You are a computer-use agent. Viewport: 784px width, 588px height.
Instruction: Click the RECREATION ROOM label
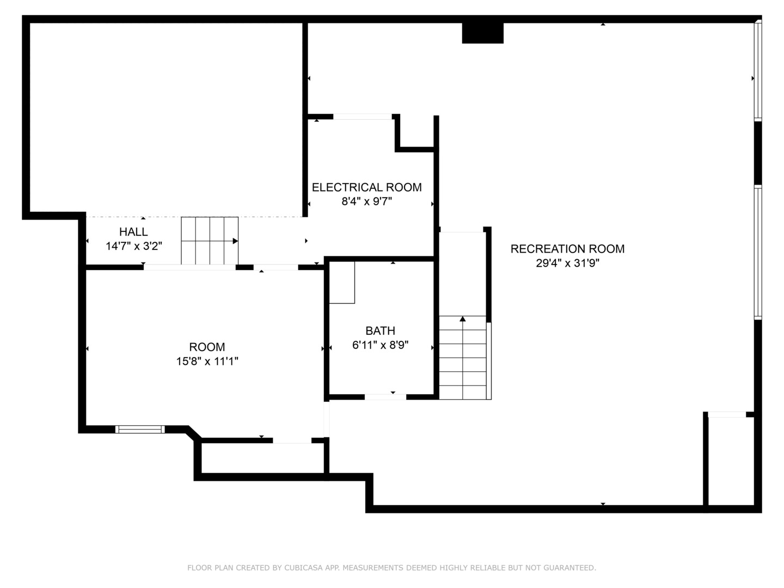point(567,249)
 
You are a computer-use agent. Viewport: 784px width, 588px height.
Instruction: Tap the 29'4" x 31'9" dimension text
point(567,264)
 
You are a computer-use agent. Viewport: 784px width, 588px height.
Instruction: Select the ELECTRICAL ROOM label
point(366,187)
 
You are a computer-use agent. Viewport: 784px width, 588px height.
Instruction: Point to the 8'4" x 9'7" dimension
point(366,201)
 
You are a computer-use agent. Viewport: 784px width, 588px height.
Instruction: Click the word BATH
point(380,330)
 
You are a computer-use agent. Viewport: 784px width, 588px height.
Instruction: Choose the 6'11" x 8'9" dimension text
point(380,345)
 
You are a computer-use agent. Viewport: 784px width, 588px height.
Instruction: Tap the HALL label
point(133,232)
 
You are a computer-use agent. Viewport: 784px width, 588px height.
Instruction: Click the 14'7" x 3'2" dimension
point(133,246)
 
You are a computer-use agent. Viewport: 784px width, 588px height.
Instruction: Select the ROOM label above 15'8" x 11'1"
point(207,347)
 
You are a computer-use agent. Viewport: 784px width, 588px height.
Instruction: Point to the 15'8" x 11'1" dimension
point(207,361)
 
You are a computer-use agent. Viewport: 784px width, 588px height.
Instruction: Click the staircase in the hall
point(210,241)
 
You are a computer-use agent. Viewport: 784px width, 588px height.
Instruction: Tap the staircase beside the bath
point(463,357)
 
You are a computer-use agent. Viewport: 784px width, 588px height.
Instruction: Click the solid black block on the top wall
point(482,33)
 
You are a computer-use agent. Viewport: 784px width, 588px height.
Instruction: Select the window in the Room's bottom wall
point(140,430)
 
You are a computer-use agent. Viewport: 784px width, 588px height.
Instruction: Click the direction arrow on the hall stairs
point(235,241)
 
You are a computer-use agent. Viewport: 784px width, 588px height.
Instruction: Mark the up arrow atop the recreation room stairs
point(463,318)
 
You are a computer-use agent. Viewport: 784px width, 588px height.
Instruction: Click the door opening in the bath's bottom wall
point(385,397)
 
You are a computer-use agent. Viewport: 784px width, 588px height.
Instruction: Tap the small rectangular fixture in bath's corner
point(342,282)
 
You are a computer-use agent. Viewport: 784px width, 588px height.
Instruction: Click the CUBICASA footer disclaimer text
point(391,568)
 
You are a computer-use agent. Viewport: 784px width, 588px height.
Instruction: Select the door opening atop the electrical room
point(362,117)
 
